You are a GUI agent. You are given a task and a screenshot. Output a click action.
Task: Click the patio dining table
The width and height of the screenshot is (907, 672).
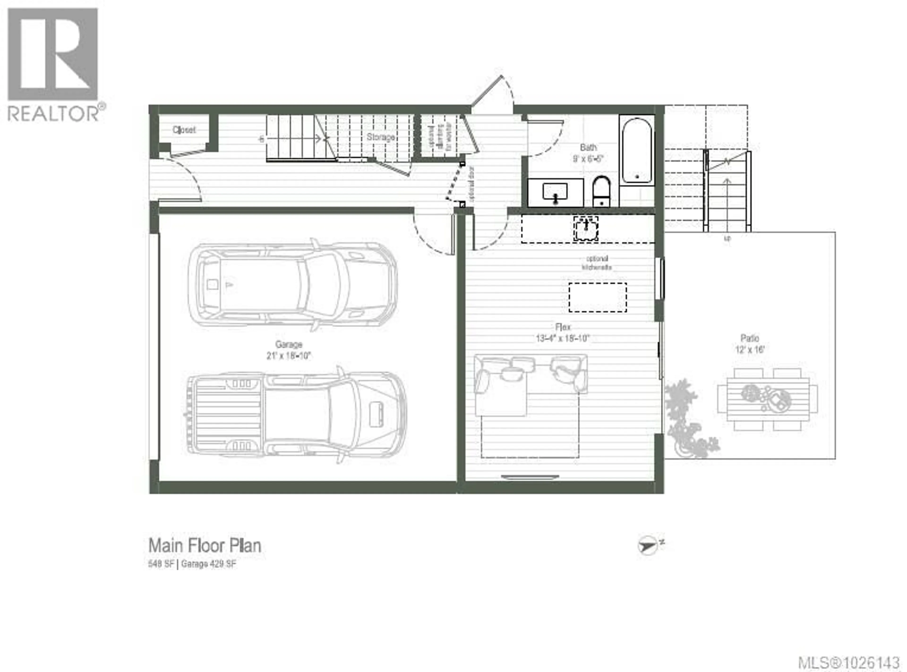click(767, 399)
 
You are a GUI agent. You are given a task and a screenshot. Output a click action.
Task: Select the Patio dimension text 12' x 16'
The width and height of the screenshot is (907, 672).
click(750, 349)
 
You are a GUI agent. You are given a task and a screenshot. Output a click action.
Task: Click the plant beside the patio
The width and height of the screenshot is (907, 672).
click(687, 423)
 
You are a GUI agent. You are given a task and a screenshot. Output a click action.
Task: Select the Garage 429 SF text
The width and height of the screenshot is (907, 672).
click(208, 564)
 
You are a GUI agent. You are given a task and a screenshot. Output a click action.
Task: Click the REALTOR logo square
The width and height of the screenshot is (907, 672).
click(53, 54)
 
